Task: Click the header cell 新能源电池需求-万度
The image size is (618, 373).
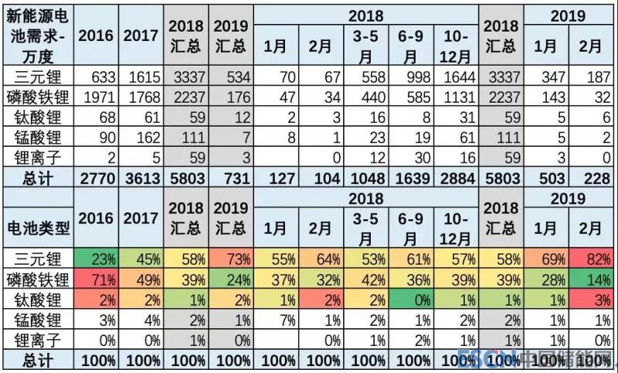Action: (37, 35)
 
